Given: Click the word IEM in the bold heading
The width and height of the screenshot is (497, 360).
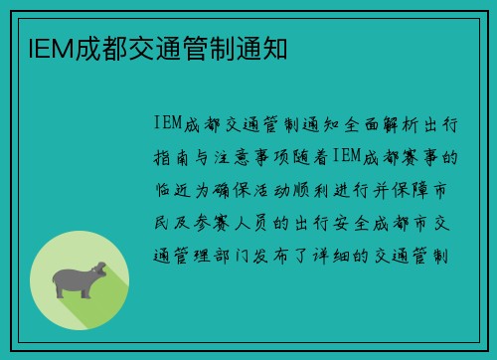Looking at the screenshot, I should [39, 47].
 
